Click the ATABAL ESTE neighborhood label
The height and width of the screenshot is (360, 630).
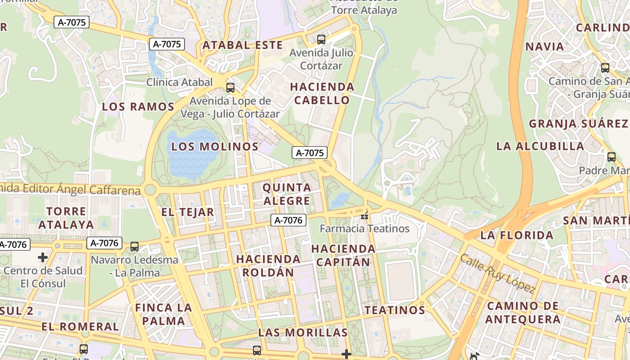point(243,45)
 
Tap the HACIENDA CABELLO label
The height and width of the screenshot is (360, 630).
point(322,93)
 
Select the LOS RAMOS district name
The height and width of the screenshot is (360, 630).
point(138,107)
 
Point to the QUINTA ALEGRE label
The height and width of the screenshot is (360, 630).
point(287,194)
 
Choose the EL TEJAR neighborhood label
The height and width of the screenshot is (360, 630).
point(188,212)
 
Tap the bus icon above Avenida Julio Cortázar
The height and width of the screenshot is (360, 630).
point(321,40)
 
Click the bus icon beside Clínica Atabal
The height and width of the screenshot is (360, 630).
point(230,87)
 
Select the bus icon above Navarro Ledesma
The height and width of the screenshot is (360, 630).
point(134,247)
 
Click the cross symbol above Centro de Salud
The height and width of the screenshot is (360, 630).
point(43,257)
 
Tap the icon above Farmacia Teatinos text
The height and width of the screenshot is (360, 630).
point(364,216)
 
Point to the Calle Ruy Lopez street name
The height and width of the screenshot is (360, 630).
point(498,274)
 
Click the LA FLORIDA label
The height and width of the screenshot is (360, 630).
point(517,235)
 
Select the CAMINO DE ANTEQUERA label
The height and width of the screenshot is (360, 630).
point(523,312)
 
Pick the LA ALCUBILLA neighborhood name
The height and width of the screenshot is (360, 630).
point(540,146)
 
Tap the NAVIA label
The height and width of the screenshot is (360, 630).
point(544,46)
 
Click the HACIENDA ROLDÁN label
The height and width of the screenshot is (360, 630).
point(269,265)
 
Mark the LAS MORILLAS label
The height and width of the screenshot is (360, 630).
point(303,333)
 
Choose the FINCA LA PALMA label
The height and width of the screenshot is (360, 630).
point(163,314)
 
